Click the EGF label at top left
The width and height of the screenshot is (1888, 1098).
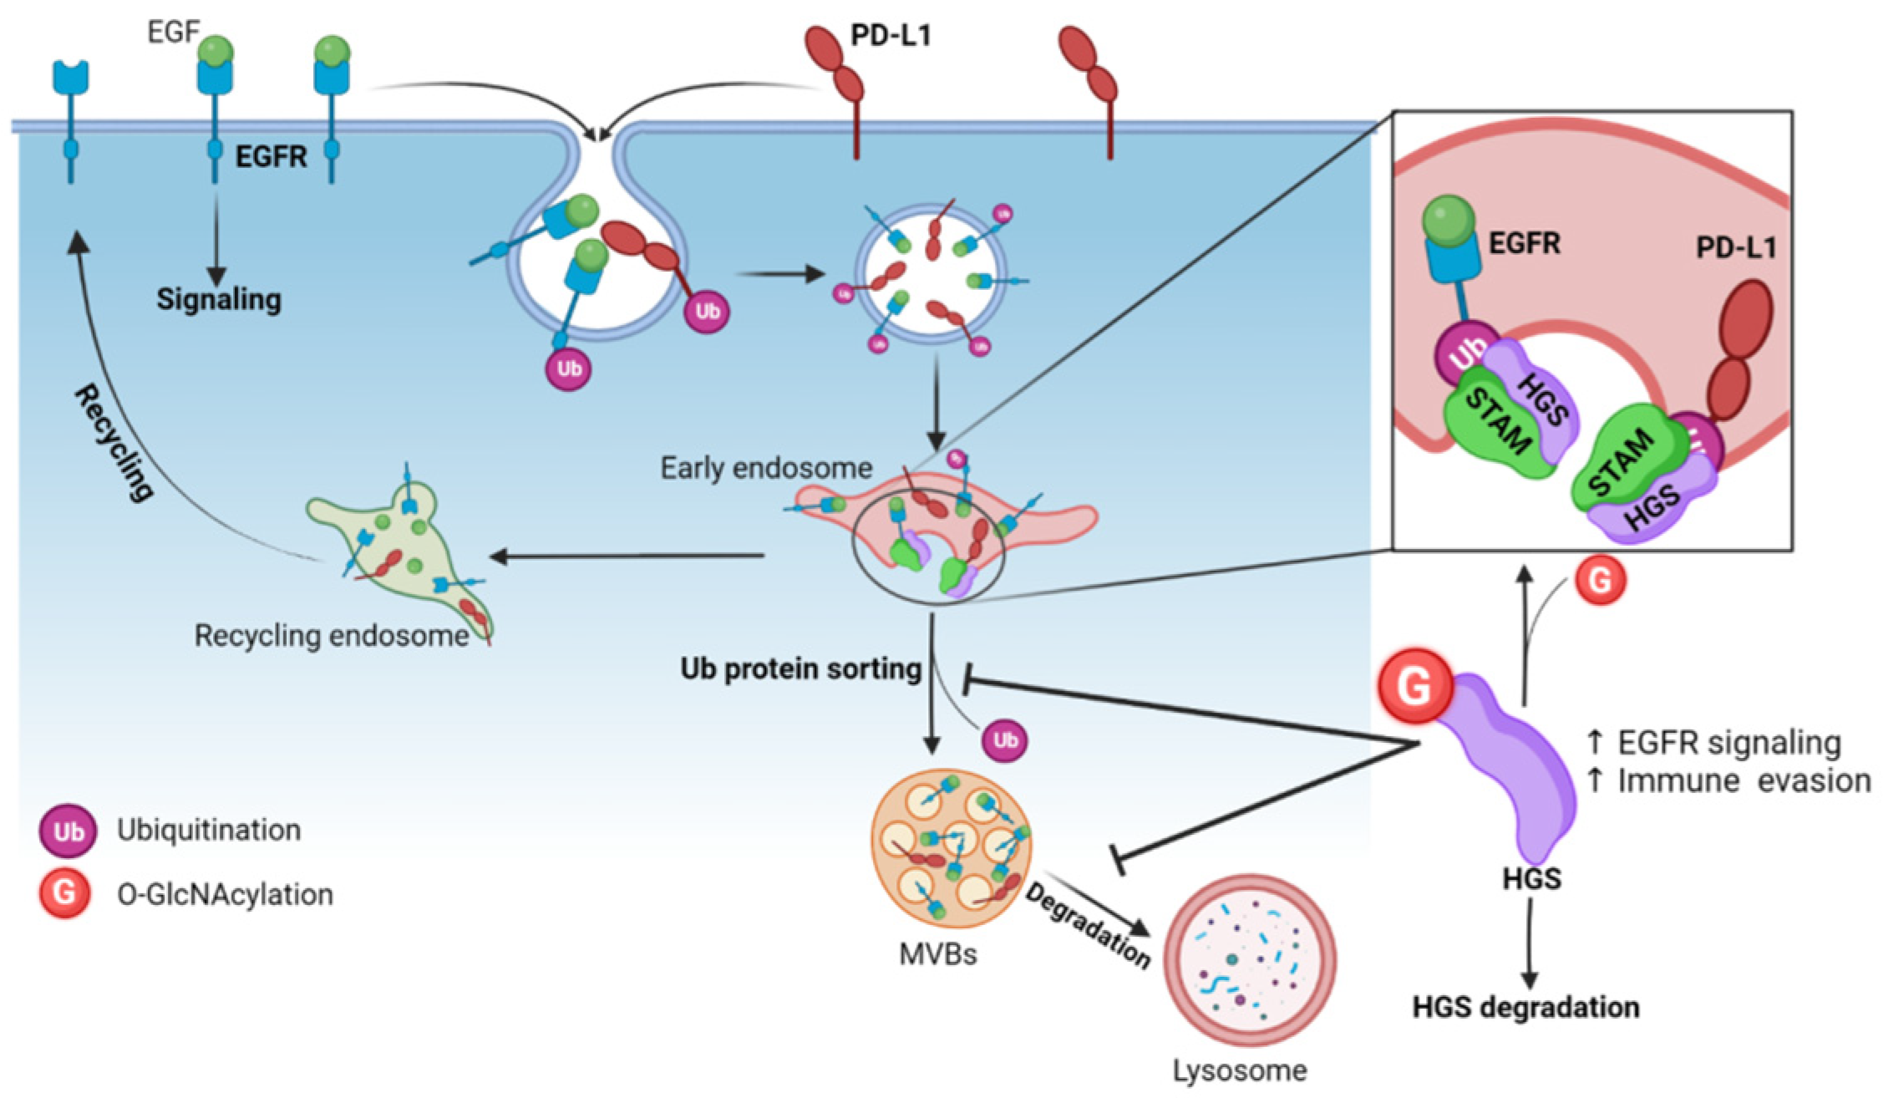(173, 33)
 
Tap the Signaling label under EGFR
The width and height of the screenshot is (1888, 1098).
(219, 299)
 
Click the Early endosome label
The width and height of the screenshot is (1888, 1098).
(766, 468)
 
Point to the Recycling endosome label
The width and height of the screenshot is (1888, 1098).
(332, 636)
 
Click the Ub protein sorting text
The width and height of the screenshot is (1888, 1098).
(800, 668)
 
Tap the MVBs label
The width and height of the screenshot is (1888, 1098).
(937, 953)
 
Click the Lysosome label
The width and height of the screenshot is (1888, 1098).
(1240, 1070)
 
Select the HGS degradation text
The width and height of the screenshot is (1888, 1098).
(1525, 1007)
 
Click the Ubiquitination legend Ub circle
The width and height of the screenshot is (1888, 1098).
(68, 831)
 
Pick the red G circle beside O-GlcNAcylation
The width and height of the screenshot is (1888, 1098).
(64, 893)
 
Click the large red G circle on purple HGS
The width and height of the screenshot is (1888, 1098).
(1414, 686)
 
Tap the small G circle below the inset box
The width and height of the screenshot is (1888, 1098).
(1600, 580)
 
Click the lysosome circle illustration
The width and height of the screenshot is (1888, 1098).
(1250, 960)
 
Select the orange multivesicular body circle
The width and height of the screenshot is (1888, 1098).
(951, 847)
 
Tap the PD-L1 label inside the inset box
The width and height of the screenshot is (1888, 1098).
(1735, 247)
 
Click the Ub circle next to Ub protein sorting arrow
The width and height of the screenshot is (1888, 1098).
(1004, 740)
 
